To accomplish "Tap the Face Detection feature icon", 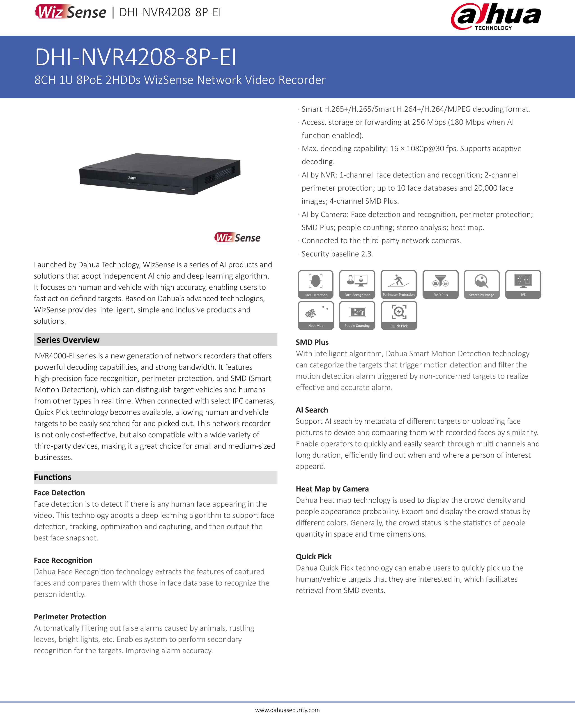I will [315, 284].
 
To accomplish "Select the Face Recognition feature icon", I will [357, 284].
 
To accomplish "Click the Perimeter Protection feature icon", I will [399, 284].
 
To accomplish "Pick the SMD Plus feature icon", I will [440, 284].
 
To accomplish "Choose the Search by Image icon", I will [481, 284].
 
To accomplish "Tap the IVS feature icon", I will [523, 284].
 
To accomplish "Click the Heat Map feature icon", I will [315, 315].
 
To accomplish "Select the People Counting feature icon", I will [357, 315].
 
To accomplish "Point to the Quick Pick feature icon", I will [399, 315].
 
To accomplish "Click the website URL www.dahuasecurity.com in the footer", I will [287, 710].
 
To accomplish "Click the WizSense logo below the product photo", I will [237, 238].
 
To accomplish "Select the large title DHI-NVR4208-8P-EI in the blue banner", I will [136, 57].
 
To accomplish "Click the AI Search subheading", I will [312, 410].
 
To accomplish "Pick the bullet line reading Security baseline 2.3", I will [337, 254].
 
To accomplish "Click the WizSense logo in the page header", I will [71, 12].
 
